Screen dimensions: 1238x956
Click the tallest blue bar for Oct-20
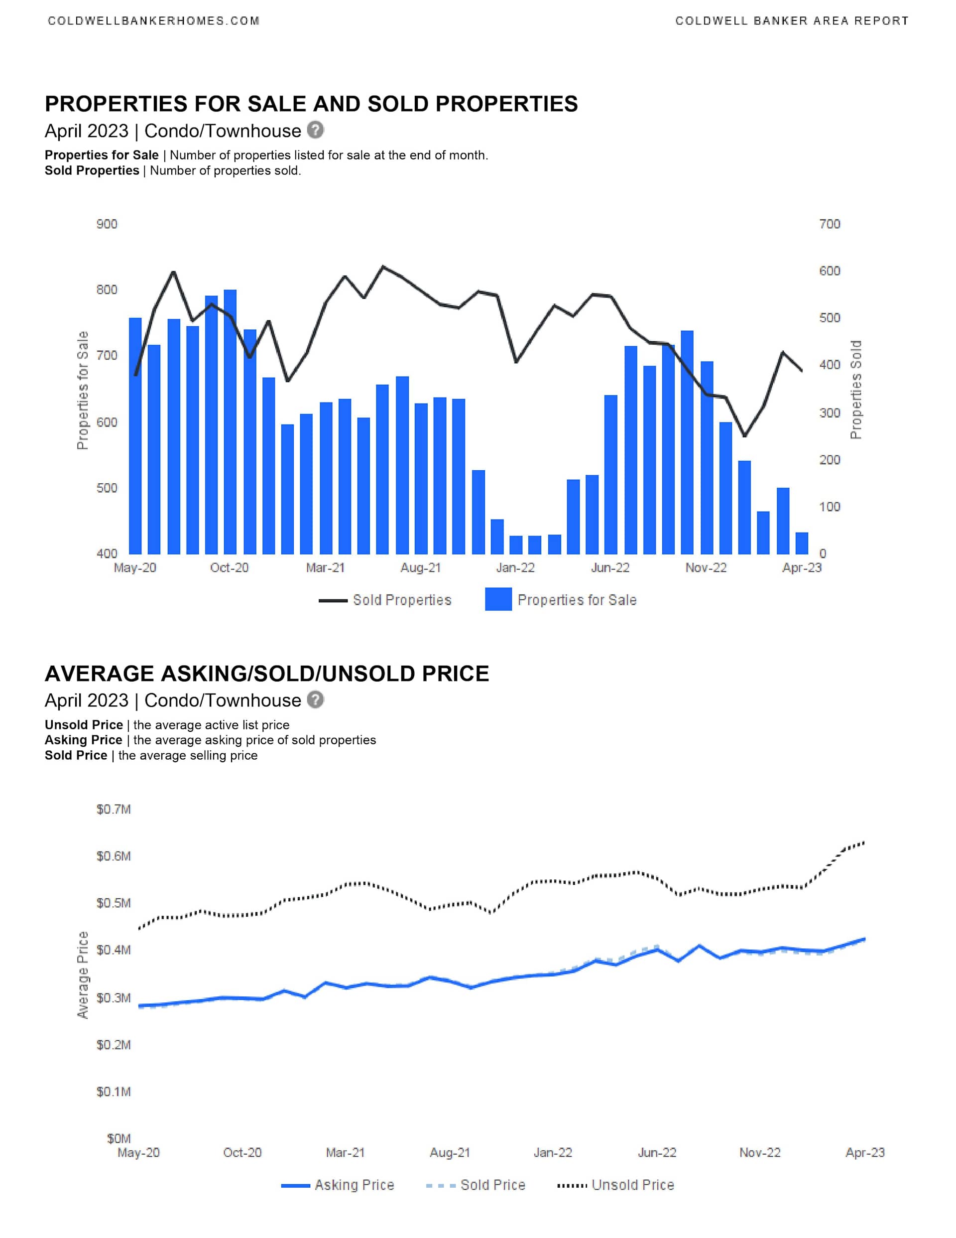pos(230,422)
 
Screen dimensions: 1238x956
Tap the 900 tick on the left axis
pos(107,224)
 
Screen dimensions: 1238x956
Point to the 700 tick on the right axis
pos(829,224)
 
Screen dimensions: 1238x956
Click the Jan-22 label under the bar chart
pos(515,567)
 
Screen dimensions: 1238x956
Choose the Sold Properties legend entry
pos(385,600)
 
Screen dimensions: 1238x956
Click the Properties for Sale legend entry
pos(561,600)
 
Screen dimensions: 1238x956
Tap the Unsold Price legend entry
pos(616,1185)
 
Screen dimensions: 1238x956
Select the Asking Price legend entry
pos(338,1185)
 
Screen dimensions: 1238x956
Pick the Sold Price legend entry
pos(476,1185)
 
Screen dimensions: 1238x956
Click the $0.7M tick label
pos(114,809)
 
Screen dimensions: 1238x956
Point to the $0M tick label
pos(119,1138)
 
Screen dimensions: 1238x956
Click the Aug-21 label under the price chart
pos(450,1152)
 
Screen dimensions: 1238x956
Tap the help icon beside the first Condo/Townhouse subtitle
pos(316,130)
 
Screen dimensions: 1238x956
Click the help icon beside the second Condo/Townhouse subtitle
pos(316,699)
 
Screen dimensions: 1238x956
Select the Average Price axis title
pos(83,975)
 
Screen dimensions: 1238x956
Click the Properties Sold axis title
pos(856,390)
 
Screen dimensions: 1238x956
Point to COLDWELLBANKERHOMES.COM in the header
pos(153,21)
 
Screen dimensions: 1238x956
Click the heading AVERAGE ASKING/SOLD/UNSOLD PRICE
pos(267,674)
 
